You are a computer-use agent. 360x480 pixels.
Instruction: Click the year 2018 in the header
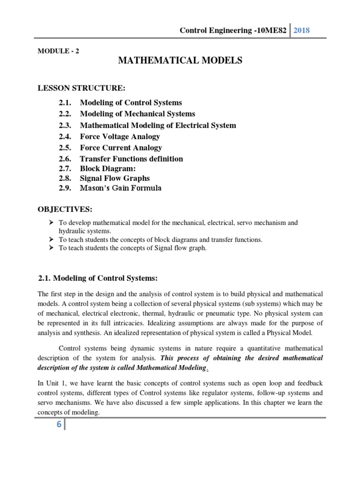pos(301,30)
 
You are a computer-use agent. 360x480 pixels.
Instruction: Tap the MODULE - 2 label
pos(58,52)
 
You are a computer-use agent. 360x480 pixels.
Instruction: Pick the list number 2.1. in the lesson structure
pos(66,102)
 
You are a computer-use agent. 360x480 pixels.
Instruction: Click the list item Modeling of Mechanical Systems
pos(137,114)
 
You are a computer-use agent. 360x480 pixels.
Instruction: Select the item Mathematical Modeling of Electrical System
pos(158,125)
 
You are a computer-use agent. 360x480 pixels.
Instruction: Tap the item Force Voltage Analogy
pos(120,136)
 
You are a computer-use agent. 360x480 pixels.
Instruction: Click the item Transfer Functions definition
pos(131,159)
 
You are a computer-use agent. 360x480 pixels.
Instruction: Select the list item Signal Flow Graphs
pos(115,179)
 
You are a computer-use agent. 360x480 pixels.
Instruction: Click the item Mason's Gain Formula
pos(120,188)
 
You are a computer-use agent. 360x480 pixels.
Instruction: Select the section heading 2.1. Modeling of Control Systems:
pos(98,278)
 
